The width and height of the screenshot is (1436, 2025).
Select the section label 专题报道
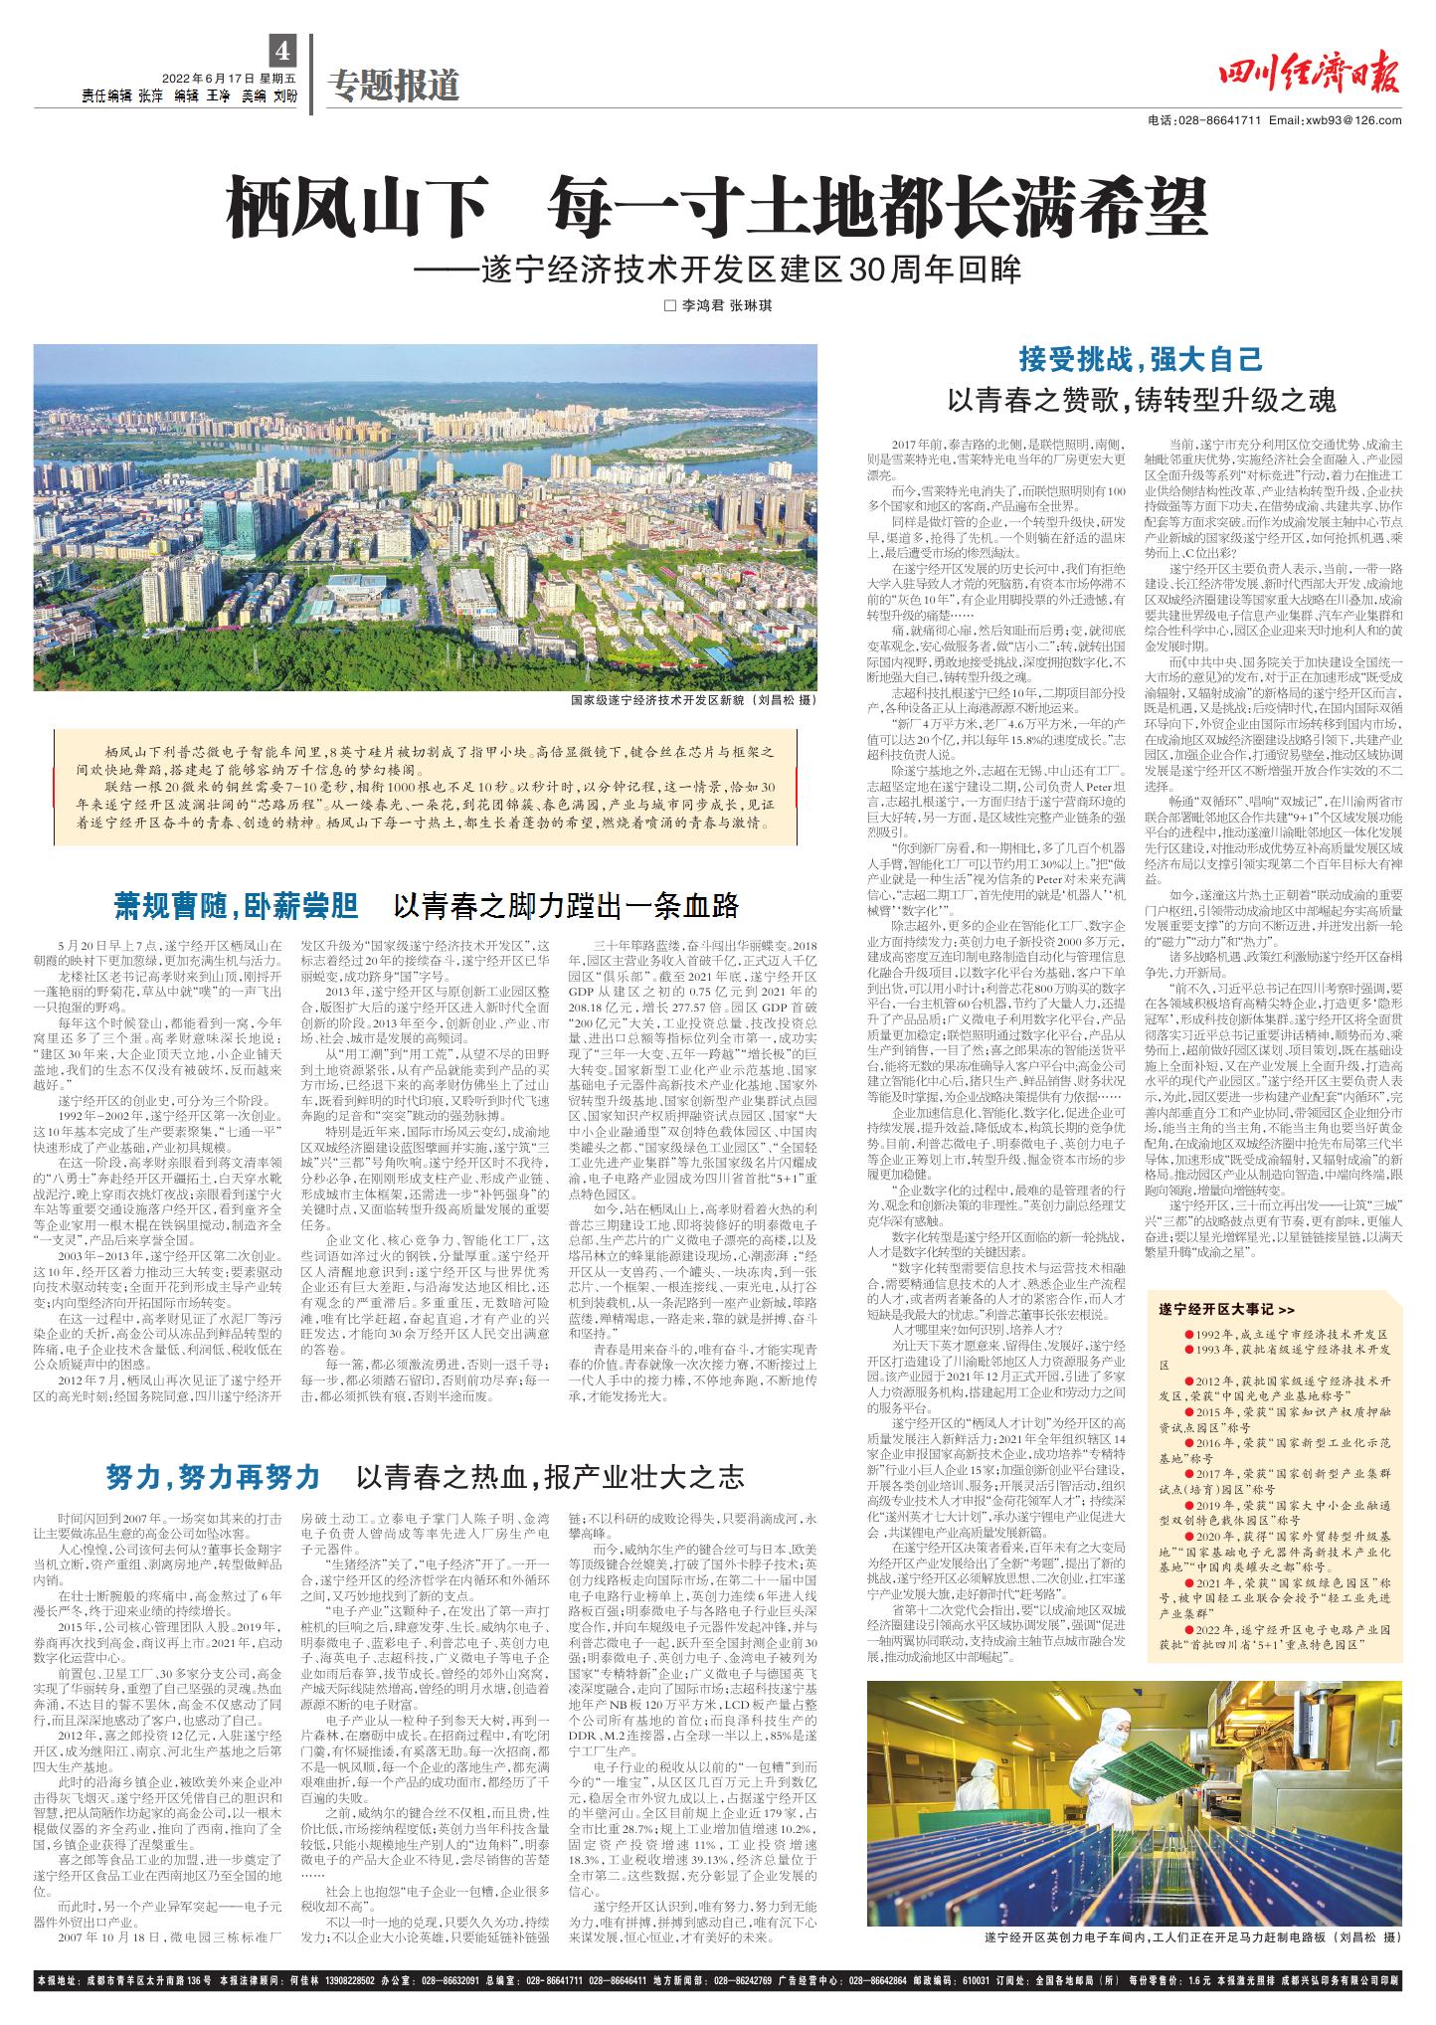pos(396,87)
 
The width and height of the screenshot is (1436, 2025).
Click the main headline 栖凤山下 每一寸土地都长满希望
pos(717,206)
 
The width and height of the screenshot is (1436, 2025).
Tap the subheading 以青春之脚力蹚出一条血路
pos(566,906)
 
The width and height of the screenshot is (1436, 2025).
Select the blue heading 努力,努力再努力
pos(213,1477)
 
